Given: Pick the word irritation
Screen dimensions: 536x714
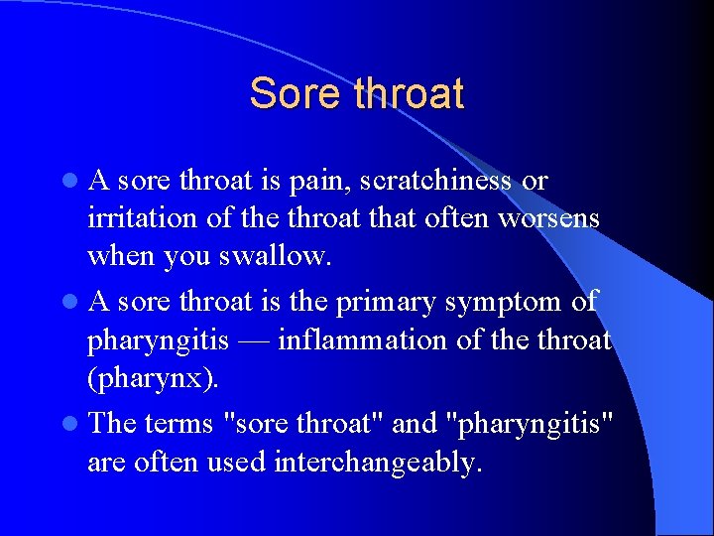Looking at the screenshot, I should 137,217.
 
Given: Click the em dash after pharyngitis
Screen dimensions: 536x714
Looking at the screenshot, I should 252,340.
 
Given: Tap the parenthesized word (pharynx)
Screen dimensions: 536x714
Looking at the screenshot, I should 138,378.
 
